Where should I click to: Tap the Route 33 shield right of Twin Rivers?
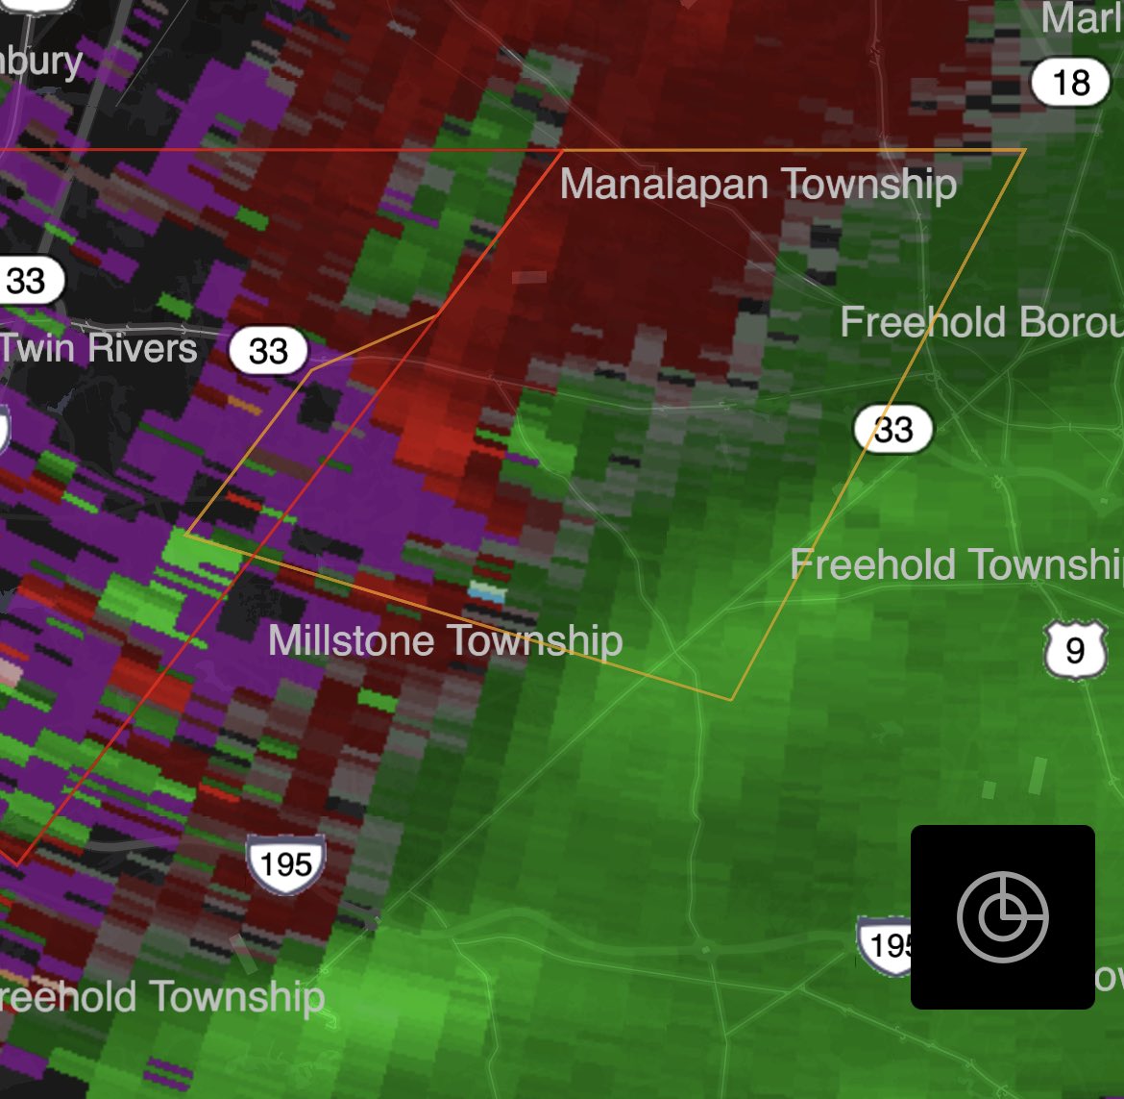(268, 350)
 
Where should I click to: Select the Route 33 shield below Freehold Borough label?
(893, 429)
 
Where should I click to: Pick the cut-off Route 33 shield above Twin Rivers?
(27, 281)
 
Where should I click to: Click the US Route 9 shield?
(1075, 650)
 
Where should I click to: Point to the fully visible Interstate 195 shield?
(285, 862)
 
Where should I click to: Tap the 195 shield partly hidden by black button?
(885, 945)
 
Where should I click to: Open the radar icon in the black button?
(1002, 917)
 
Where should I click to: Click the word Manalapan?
(663, 184)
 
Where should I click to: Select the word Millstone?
(352, 640)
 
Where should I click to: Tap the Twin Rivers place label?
(99, 348)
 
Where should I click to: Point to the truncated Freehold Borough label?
(981, 322)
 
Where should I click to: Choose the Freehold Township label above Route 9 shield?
(956, 565)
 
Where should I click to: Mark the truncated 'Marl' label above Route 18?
(1082, 18)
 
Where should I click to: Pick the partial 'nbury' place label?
(42, 61)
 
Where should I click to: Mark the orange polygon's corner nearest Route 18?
(1024, 151)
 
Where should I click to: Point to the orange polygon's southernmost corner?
(731, 699)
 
